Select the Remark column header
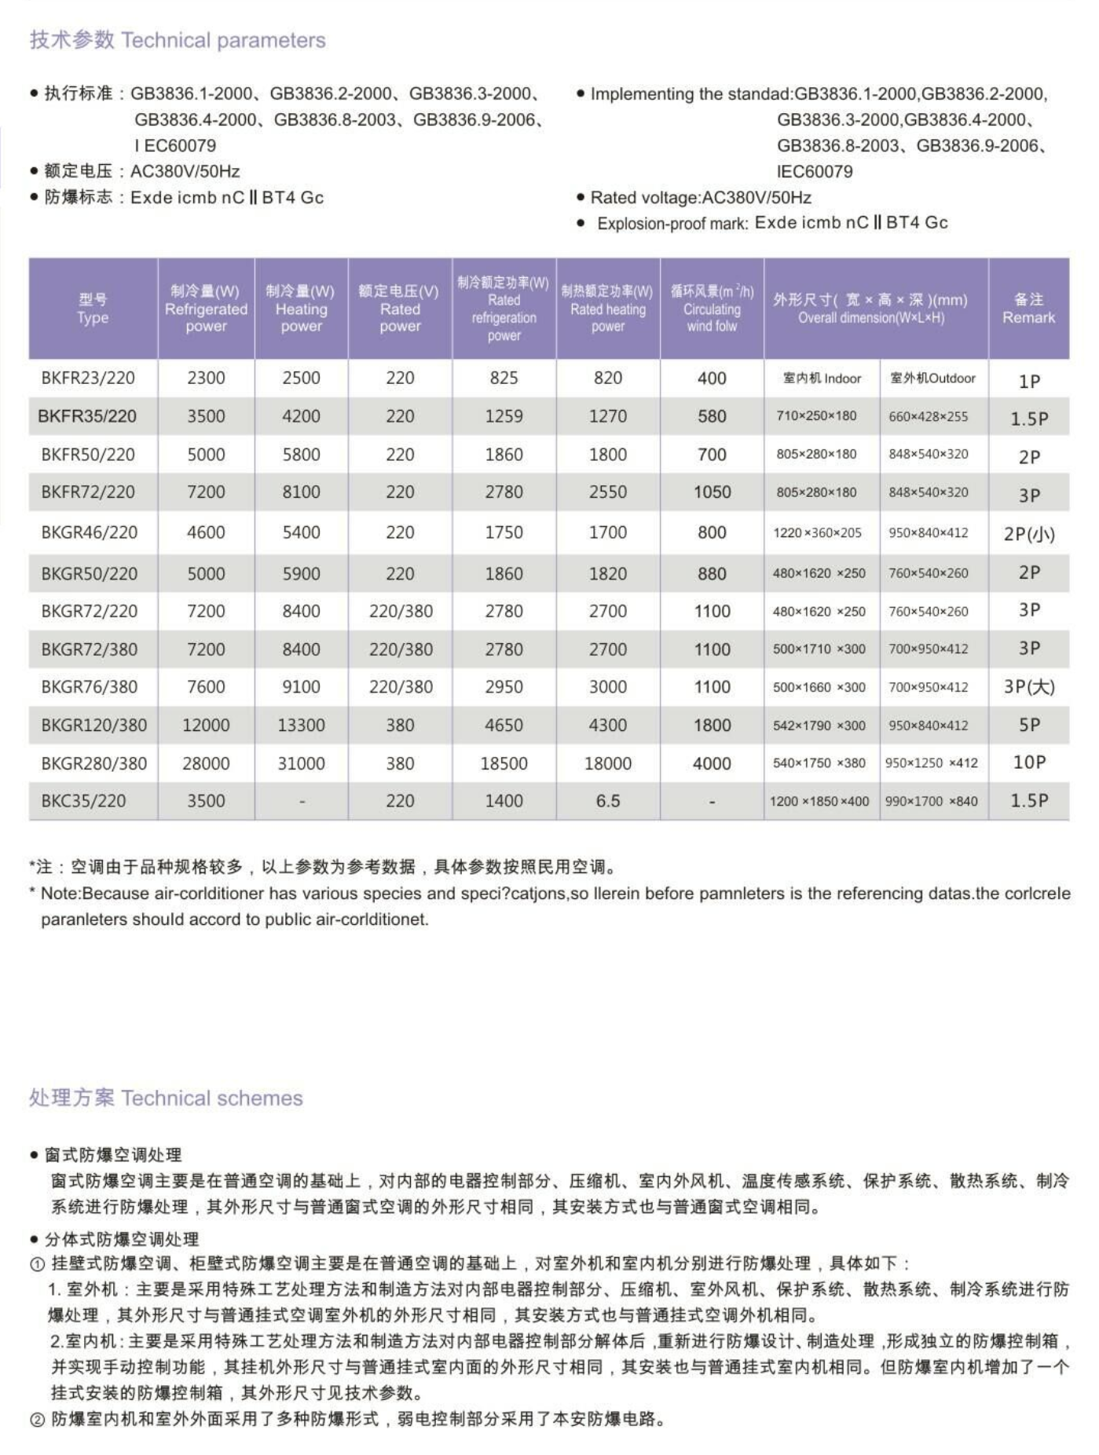pos(1028,309)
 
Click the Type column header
pos(93,309)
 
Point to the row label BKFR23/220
pos(88,378)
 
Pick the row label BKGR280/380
pos(93,763)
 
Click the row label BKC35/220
pos(83,801)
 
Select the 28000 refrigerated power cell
pos(206,763)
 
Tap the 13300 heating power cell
pos(301,725)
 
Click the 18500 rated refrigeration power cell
pos(504,763)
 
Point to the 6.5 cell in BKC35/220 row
pos(607,801)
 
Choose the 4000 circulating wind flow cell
pos(712,763)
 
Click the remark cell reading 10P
pos(1029,762)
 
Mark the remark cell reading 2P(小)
pos(1029,534)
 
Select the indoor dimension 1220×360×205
pos(817,533)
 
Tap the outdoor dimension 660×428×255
pos(928,416)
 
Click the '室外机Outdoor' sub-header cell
pos(932,378)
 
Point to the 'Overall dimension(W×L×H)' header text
pos(871,318)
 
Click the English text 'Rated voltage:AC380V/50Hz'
pos(701,197)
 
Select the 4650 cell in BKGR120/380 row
pos(504,725)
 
